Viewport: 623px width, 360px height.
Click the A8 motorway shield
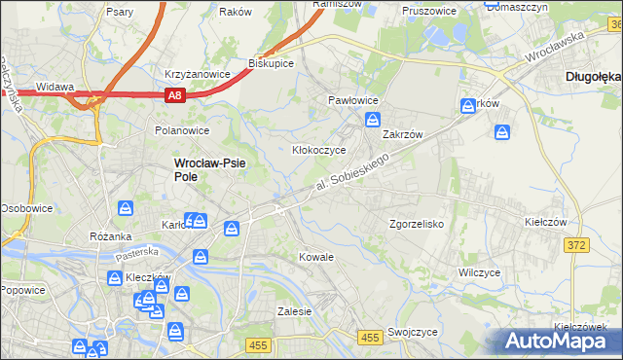coord(174,94)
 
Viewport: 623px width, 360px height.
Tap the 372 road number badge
coord(575,245)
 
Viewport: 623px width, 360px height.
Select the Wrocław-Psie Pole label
coord(208,170)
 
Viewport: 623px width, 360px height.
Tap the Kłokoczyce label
coord(320,151)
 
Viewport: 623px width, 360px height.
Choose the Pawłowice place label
coord(352,100)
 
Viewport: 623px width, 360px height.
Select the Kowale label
coord(316,257)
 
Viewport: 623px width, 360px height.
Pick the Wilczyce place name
coord(479,273)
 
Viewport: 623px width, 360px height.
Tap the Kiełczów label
coord(545,222)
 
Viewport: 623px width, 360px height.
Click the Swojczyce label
coord(411,332)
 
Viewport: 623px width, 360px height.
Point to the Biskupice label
coord(272,62)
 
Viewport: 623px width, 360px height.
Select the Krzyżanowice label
coord(198,74)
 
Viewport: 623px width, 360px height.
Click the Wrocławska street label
coord(553,47)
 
